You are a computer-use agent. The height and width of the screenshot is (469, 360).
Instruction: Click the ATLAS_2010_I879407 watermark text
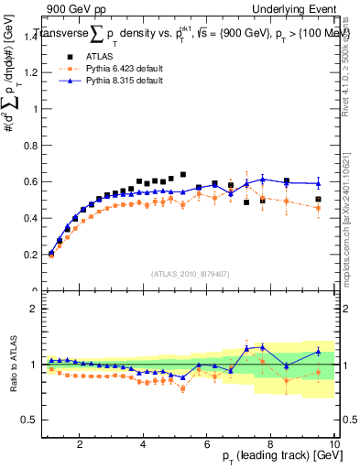click(189, 273)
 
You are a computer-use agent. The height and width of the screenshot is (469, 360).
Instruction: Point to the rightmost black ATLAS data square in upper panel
click(319, 199)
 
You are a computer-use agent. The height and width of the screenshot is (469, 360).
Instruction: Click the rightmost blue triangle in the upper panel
click(319, 183)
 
